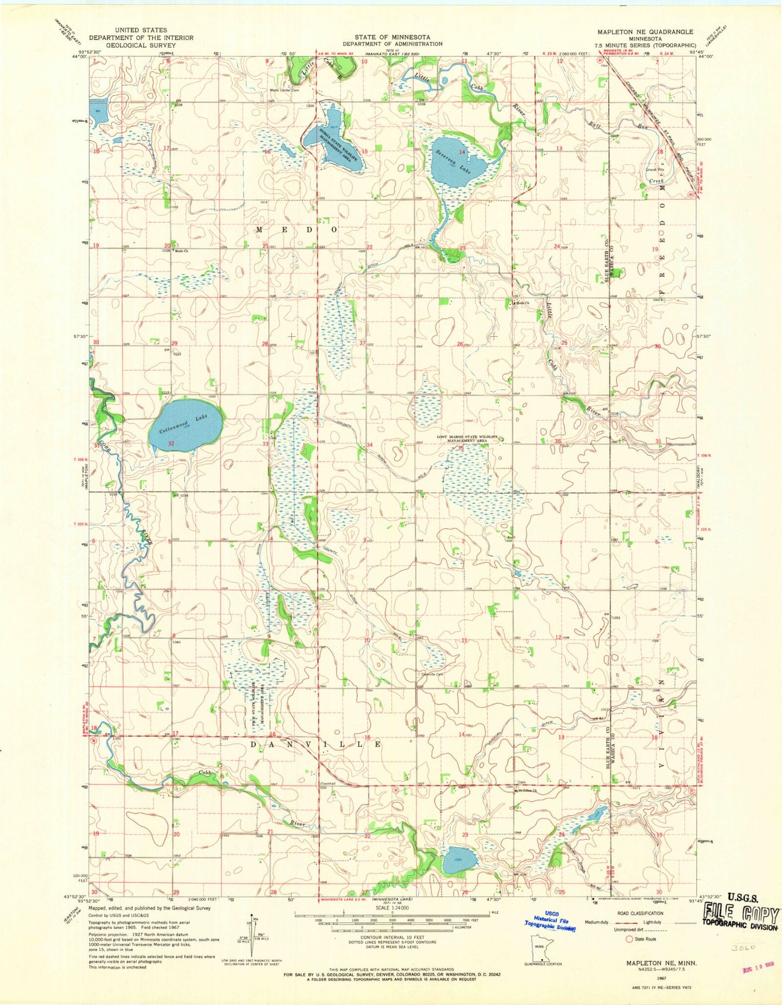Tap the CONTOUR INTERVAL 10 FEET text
pyautogui.click(x=391, y=943)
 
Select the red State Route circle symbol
pyautogui.click(x=629, y=939)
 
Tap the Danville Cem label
pyautogui.click(x=432, y=674)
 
